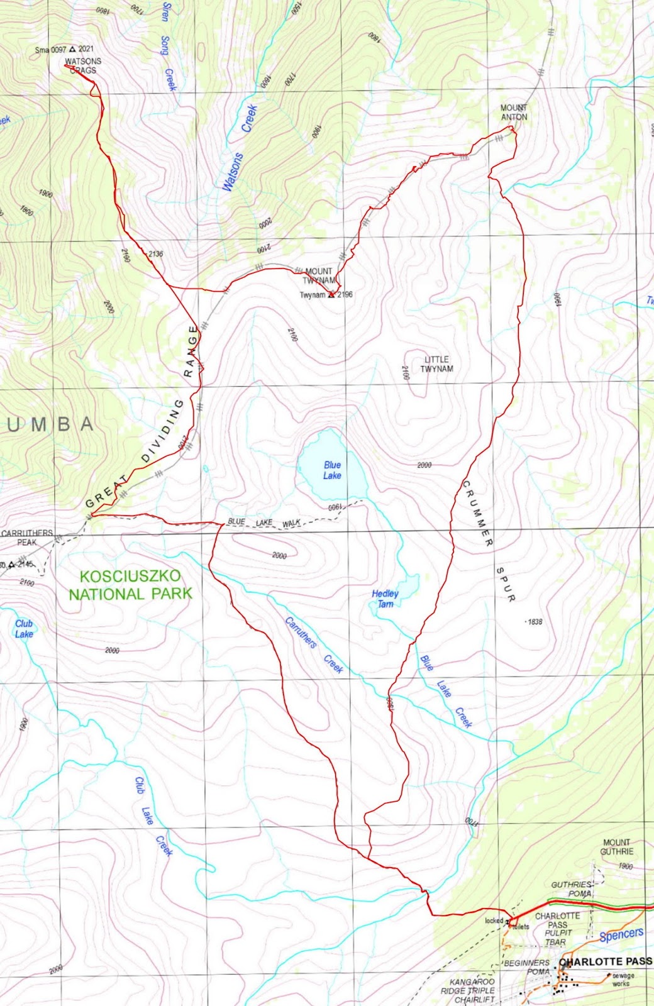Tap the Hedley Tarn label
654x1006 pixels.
click(x=385, y=599)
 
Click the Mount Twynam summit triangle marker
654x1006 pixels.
click(x=331, y=294)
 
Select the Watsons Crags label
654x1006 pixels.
click(x=83, y=66)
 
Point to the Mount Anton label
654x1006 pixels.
click(x=514, y=113)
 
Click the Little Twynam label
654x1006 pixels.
click(x=436, y=364)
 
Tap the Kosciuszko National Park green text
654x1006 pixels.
click(x=130, y=585)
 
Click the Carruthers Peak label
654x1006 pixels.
click(x=27, y=537)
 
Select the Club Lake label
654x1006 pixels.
click(x=24, y=628)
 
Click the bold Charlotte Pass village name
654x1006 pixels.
click(x=605, y=961)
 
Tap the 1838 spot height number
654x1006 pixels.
click(x=535, y=622)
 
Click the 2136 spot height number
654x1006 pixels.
click(x=155, y=254)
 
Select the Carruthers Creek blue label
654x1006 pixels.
click(x=314, y=644)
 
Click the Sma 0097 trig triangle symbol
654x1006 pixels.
click(x=72, y=49)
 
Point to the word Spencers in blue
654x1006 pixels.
click(x=621, y=935)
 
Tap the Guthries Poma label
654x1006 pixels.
click(x=571, y=889)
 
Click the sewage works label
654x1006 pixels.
click(x=623, y=979)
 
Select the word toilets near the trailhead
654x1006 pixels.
click(x=521, y=927)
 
